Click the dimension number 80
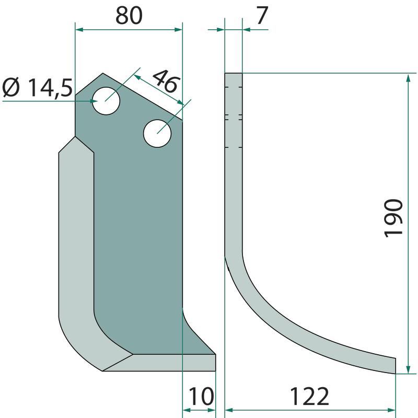click(x=129, y=16)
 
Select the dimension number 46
click(x=166, y=82)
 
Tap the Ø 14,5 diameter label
click(x=37, y=88)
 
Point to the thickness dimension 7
click(x=262, y=16)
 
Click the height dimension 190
click(x=393, y=218)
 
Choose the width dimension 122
click(x=309, y=397)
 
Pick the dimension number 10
click(x=201, y=397)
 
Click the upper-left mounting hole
click(x=106, y=101)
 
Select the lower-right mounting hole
click(x=157, y=133)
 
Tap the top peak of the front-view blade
click(x=103, y=73)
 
